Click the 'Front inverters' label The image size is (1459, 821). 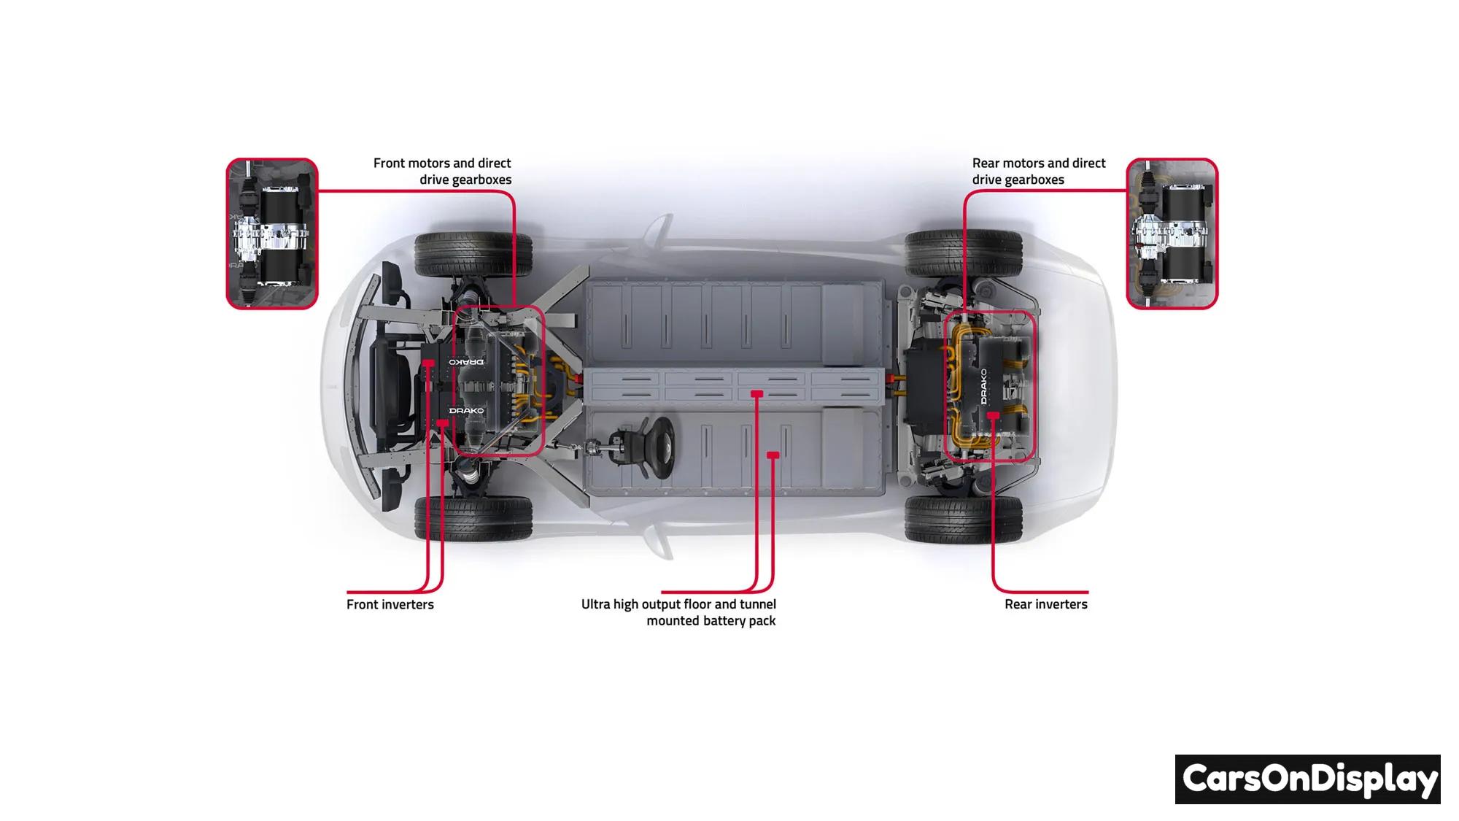[x=390, y=604]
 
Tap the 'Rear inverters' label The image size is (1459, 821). [x=1045, y=604]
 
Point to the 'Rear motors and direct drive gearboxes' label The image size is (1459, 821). [x=1038, y=171]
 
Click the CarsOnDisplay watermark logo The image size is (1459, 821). [x=1307, y=779]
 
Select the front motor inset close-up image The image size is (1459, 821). [x=272, y=234]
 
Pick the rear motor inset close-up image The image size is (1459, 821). [x=1172, y=234]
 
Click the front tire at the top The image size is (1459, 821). [x=473, y=253]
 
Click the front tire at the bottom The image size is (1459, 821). [x=473, y=517]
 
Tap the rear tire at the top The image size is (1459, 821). [x=963, y=253]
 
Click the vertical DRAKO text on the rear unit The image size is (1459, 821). [x=983, y=386]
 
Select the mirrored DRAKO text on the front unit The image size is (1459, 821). [x=466, y=361]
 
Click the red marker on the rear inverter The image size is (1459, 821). [x=993, y=415]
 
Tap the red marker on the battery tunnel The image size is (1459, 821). [x=756, y=394]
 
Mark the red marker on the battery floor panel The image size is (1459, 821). [x=773, y=455]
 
